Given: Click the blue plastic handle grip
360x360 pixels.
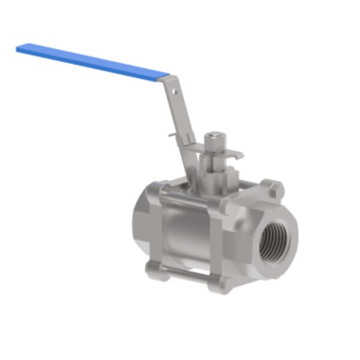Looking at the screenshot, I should (x=90, y=61).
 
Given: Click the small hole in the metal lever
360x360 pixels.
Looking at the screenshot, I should (x=175, y=92).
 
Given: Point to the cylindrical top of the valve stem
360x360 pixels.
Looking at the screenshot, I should (x=213, y=142).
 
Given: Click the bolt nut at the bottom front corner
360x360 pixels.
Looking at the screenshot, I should (x=222, y=284).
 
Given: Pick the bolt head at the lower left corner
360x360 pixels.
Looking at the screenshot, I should (x=152, y=265).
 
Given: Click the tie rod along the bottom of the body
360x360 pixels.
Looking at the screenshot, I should (x=186, y=275).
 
